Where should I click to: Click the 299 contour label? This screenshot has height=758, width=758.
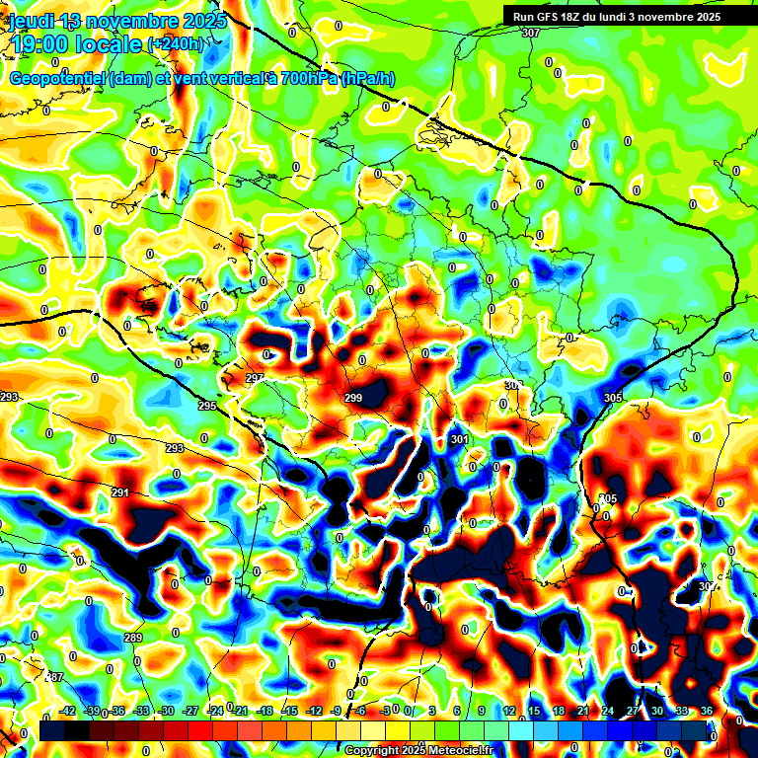click(353, 398)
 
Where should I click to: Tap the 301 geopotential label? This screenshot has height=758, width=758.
click(459, 439)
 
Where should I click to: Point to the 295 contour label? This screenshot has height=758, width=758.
click(206, 406)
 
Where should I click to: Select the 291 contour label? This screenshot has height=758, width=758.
click(120, 493)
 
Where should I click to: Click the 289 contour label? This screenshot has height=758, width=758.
click(133, 638)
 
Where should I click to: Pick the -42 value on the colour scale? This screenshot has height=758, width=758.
click(68, 711)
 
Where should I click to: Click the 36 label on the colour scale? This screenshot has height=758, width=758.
click(707, 711)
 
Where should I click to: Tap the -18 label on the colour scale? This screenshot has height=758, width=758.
click(264, 711)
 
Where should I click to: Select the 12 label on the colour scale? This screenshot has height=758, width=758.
click(509, 711)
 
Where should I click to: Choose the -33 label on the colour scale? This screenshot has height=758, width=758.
click(141, 711)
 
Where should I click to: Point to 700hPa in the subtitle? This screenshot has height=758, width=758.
click(308, 78)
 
